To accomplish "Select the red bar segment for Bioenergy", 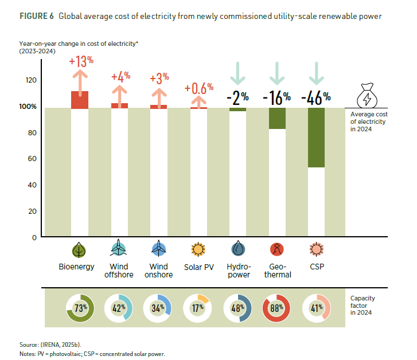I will tap(80, 99).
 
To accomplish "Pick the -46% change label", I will tap(315, 97).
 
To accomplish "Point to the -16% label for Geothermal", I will tap(276, 97).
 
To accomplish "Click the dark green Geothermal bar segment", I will tap(277, 118).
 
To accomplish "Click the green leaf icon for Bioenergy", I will tap(80, 250).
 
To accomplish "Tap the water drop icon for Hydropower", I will tap(238, 250).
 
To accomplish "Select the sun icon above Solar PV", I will tap(198, 250).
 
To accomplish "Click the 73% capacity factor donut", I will tap(80, 308).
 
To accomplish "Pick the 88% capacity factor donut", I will tap(277, 308).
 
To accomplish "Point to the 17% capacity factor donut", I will tap(198, 308).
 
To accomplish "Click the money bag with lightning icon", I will tap(368, 96).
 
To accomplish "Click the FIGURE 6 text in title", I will tap(36, 16).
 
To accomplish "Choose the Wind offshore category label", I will tap(119, 271).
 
